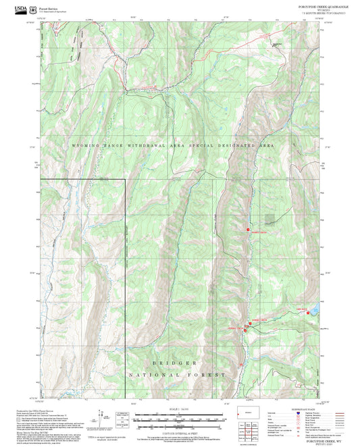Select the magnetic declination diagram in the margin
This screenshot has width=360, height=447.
tap(103, 417)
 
